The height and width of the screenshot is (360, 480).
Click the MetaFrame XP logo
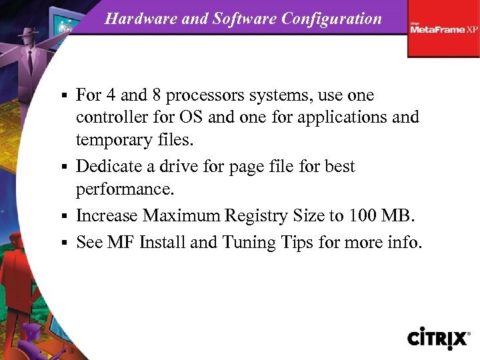coord(443,29)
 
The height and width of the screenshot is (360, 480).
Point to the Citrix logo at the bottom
coord(439,337)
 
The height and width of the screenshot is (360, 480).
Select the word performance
coord(125,189)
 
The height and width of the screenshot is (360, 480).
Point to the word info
coord(403,242)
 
